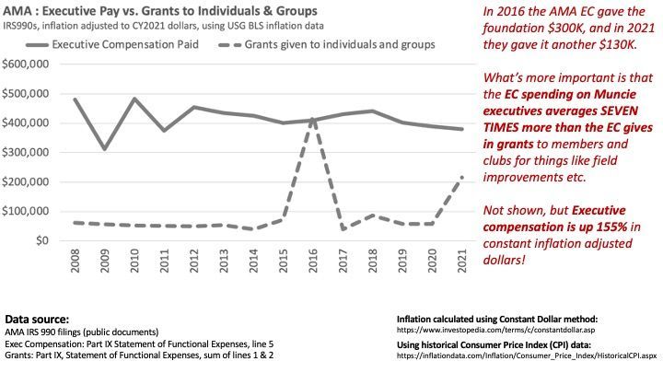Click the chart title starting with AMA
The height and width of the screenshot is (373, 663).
point(160,10)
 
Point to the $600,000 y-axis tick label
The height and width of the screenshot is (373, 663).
point(27,64)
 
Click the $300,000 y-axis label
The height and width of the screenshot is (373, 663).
point(27,153)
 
